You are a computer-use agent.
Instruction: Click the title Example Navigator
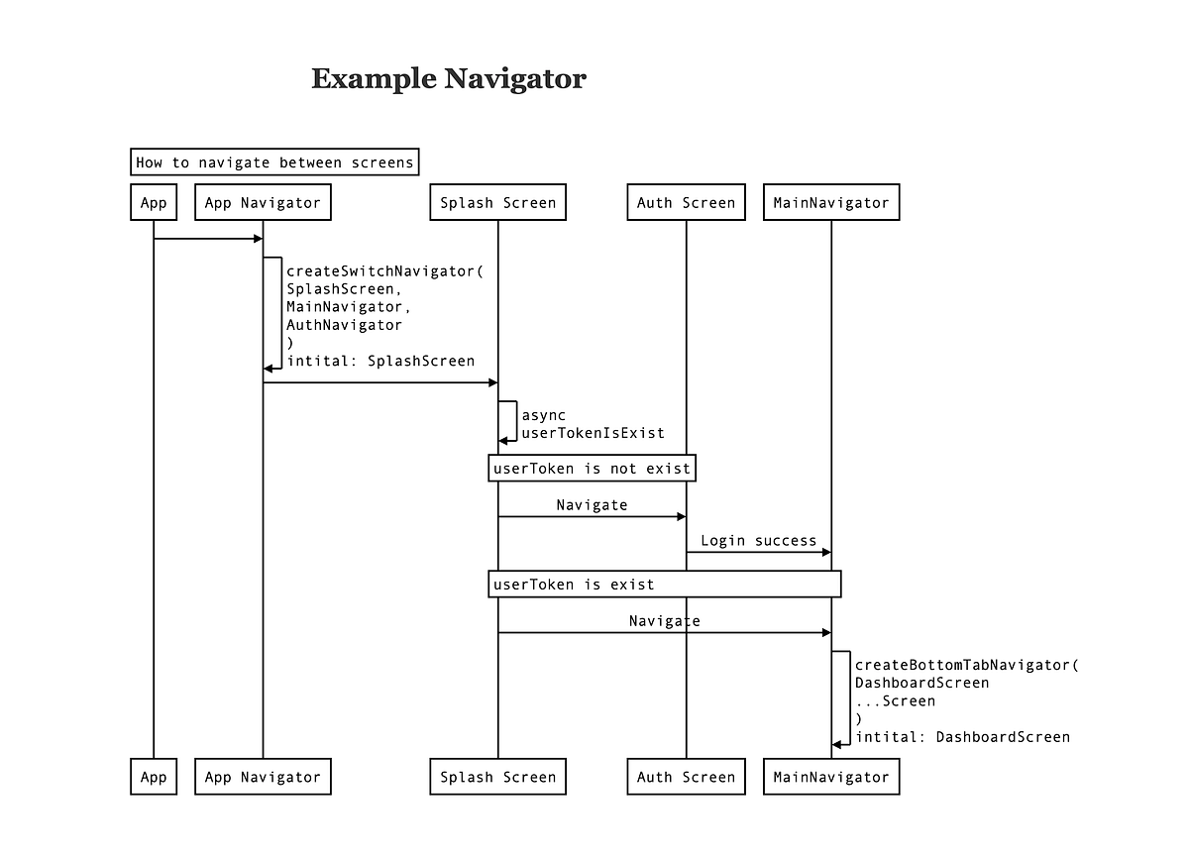click(x=449, y=78)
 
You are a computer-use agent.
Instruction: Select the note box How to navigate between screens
click(x=274, y=162)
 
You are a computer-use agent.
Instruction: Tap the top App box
click(x=154, y=203)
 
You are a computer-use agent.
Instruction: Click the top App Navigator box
click(x=263, y=203)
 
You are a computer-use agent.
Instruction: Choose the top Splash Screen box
click(x=498, y=203)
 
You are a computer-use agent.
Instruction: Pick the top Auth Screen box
click(x=686, y=203)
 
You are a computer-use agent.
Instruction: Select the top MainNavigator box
click(x=831, y=203)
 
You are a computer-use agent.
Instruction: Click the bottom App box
click(x=154, y=777)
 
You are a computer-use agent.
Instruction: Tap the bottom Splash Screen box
click(x=498, y=777)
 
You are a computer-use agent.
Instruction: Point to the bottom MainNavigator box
click(x=831, y=777)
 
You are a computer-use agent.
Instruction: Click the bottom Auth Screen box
click(x=686, y=777)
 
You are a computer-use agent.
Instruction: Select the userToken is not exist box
click(x=592, y=469)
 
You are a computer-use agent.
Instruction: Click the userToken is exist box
click(x=665, y=585)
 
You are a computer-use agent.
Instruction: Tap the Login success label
click(x=758, y=541)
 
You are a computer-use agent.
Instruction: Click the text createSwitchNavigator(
click(x=384, y=271)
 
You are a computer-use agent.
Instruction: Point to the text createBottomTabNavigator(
click(x=966, y=665)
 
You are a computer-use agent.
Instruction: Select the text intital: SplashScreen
click(x=380, y=361)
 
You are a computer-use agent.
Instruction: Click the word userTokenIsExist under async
click(x=593, y=433)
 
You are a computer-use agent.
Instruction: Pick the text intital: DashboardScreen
click(x=962, y=737)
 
